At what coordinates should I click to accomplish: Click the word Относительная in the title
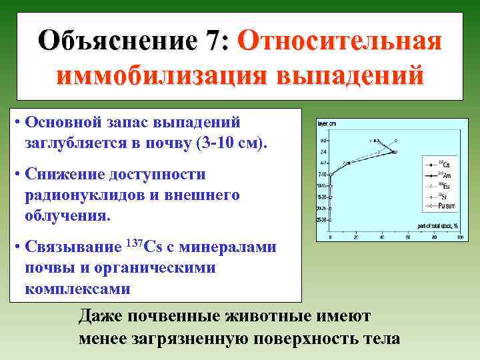pos(339,41)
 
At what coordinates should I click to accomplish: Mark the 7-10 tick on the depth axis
pos(323,175)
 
